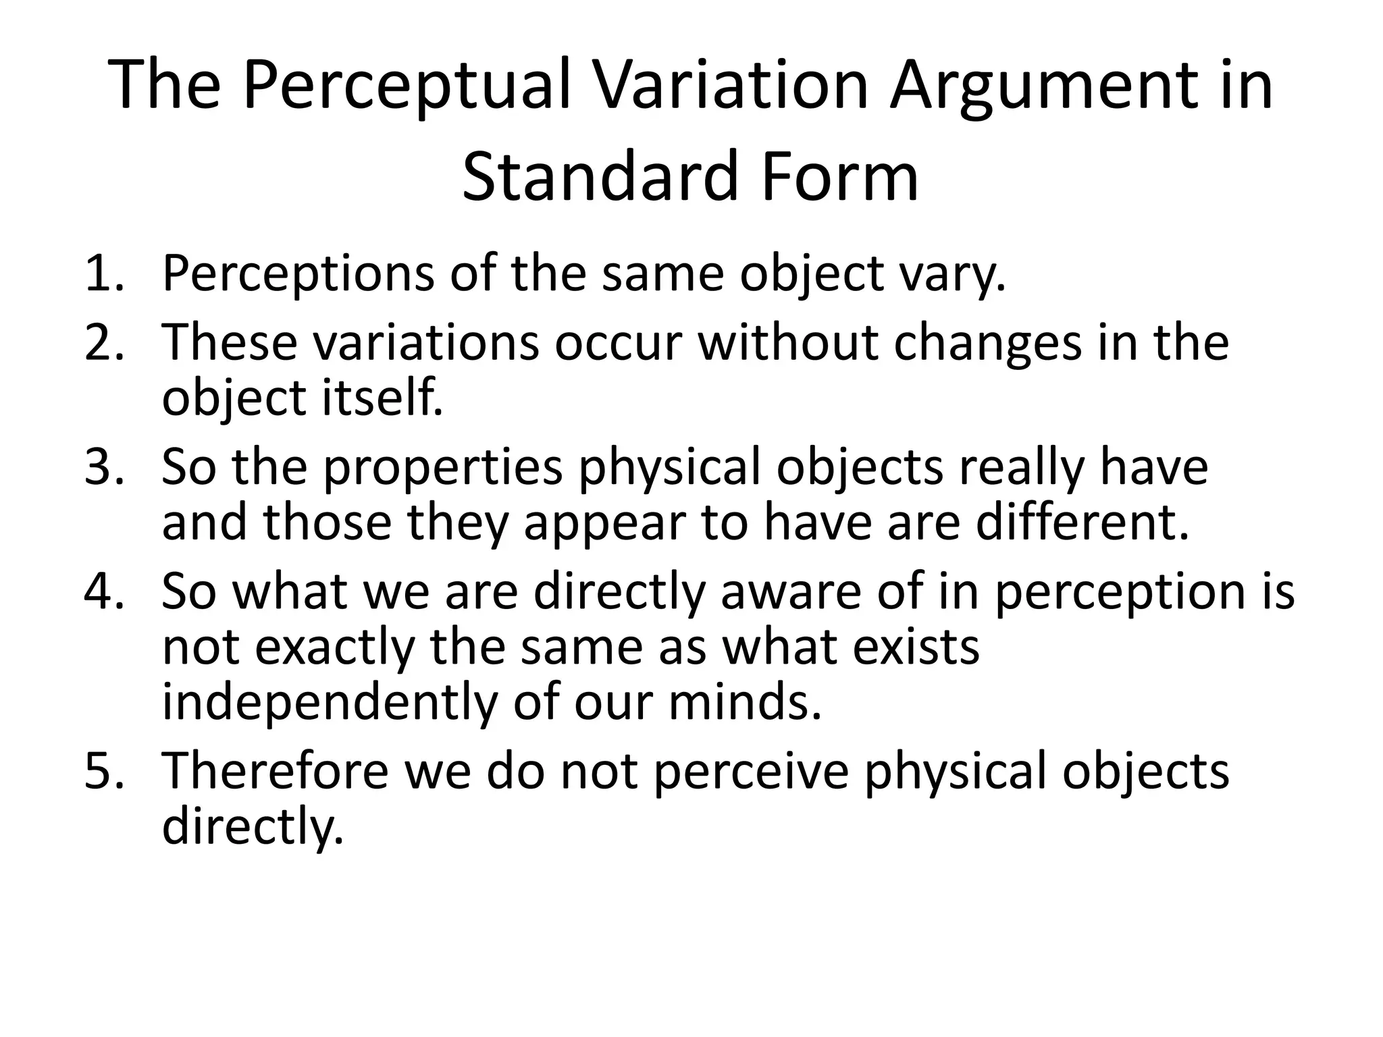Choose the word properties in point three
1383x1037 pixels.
pos(443,467)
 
